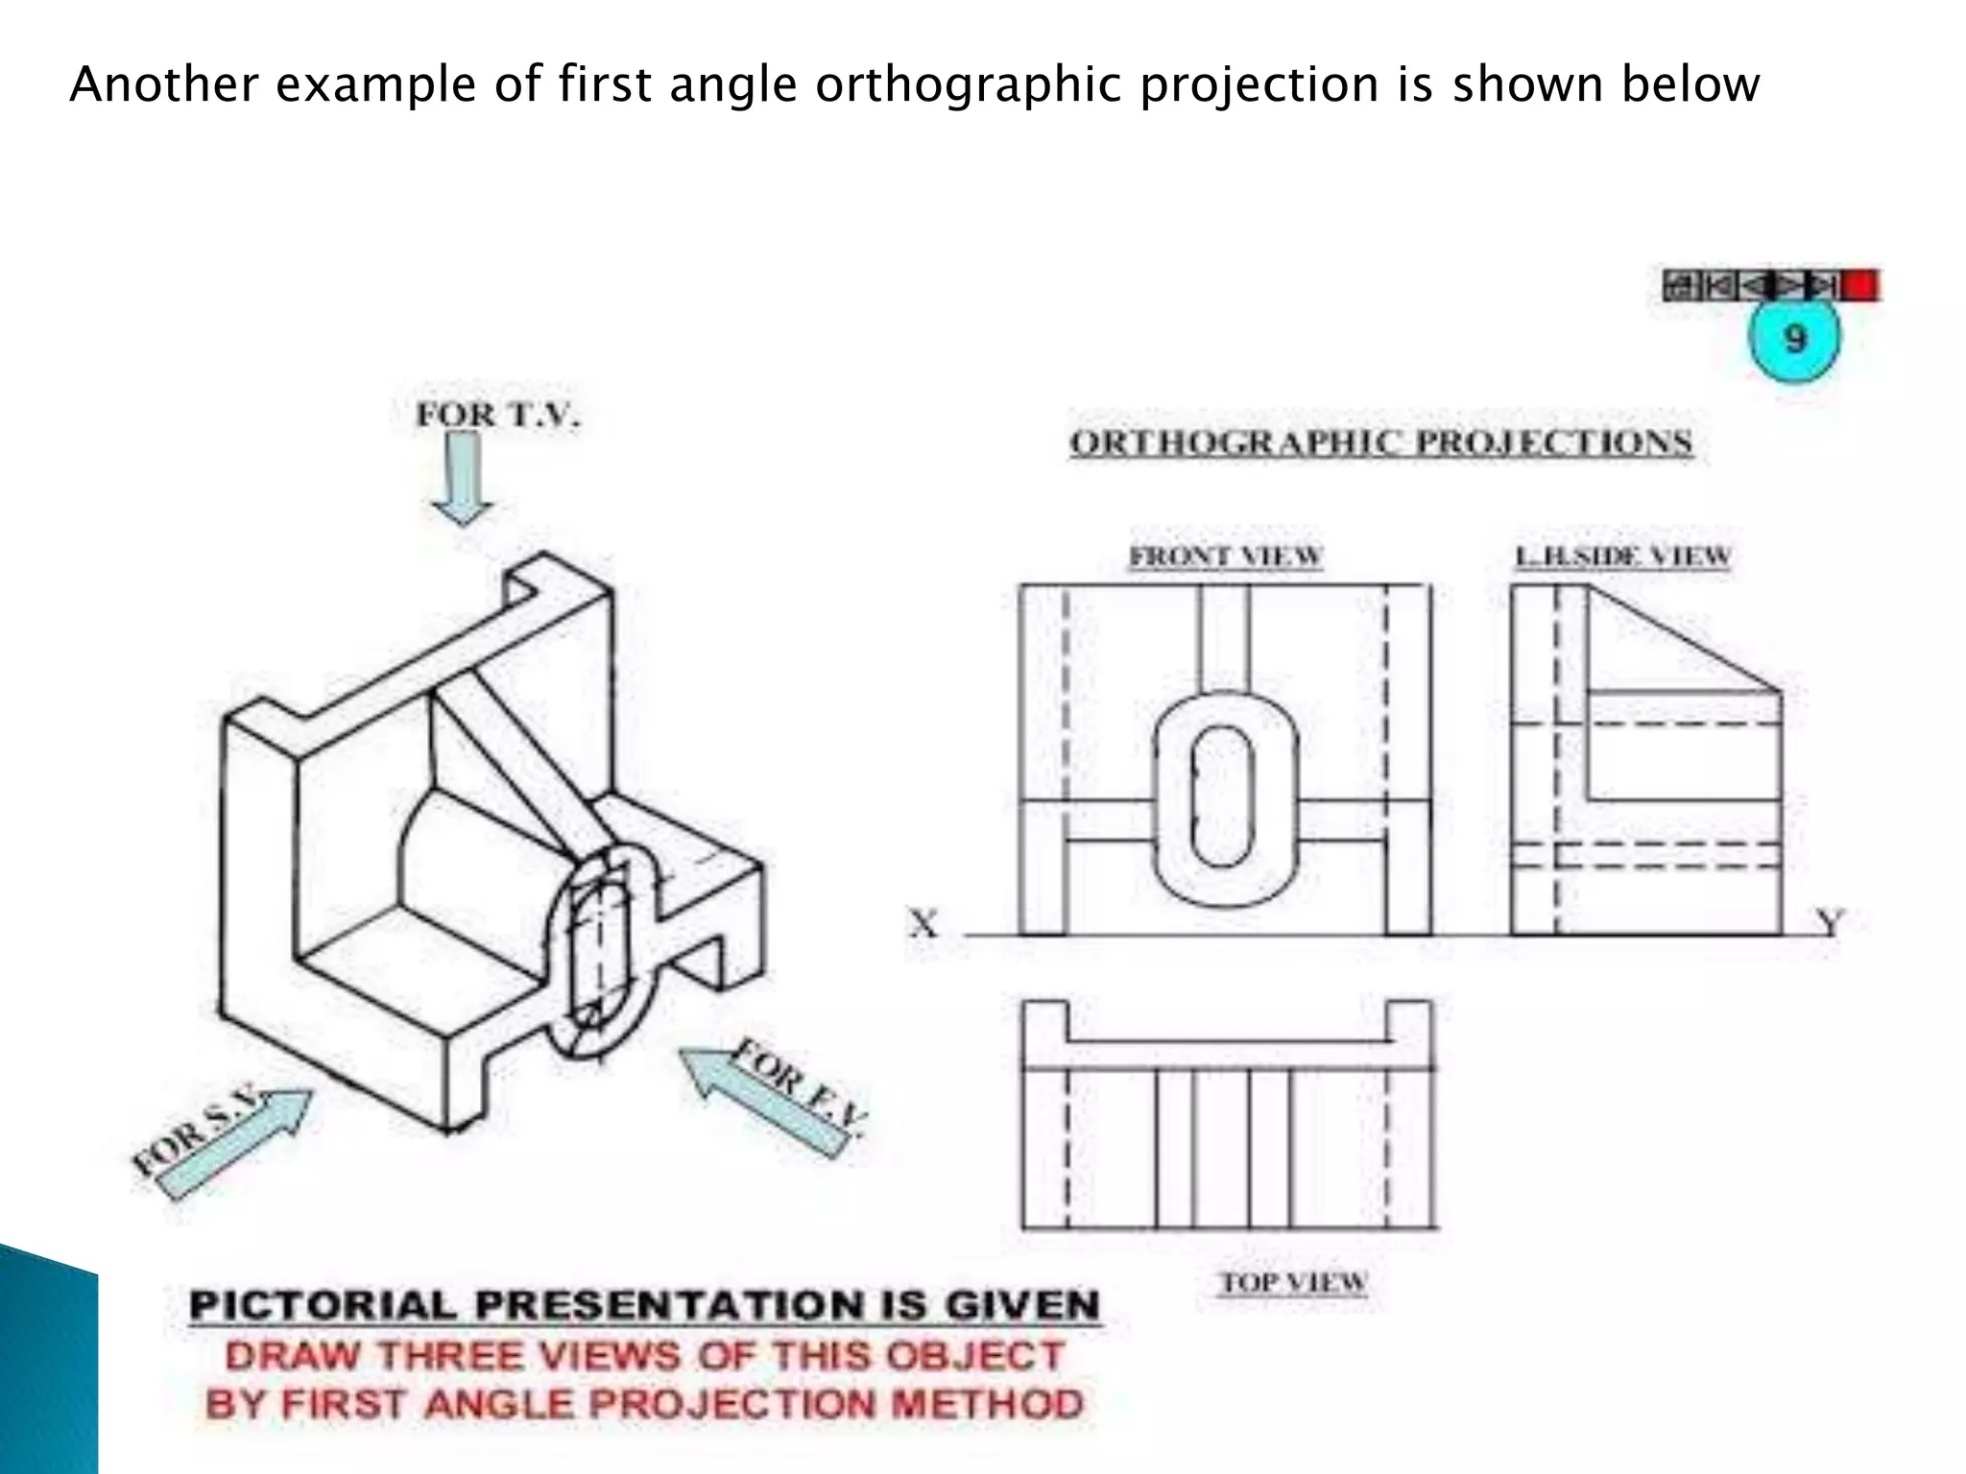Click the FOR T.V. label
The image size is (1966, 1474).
point(498,415)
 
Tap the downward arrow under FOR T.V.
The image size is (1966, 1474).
point(464,478)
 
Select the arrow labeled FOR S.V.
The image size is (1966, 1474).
point(235,1144)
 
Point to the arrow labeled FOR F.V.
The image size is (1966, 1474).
point(763,1100)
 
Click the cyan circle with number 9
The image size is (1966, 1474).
point(1794,338)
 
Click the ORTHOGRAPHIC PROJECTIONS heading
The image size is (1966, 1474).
point(1380,442)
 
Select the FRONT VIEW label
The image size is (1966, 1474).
point(1226,556)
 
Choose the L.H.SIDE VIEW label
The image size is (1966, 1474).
point(1622,556)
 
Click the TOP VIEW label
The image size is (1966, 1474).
point(1293,1282)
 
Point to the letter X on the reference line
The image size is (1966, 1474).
point(923,923)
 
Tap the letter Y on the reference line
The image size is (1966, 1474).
point(1830,922)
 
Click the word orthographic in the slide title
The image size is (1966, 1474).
point(969,85)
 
